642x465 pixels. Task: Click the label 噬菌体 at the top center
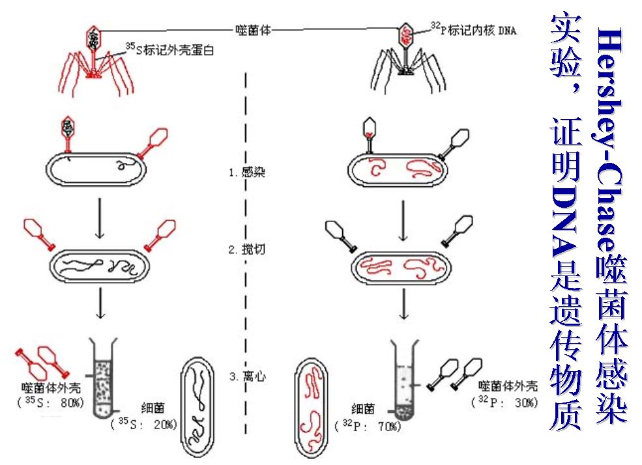[252, 29]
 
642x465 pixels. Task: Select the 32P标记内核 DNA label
[473, 29]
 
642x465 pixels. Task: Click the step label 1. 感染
[247, 173]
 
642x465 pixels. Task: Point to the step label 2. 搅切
[247, 249]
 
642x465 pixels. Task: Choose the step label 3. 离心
[247, 376]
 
